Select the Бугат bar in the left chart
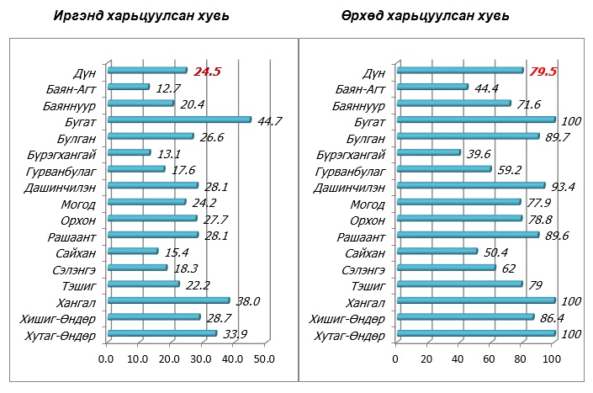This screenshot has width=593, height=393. (x=180, y=119)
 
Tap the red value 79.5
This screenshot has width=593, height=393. (x=543, y=72)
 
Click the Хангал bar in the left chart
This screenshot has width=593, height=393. (x=169, y=300)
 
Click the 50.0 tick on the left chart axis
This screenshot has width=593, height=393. (x=264, y=360)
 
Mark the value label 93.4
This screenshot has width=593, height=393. (x=564, y=186)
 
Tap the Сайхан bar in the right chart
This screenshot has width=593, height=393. (x=437, y=252)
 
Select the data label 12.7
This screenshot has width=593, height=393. (x=168, y=88)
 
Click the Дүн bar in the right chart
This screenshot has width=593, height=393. (x=459, y=71)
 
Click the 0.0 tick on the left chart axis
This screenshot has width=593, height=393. (x=106, y=360)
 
